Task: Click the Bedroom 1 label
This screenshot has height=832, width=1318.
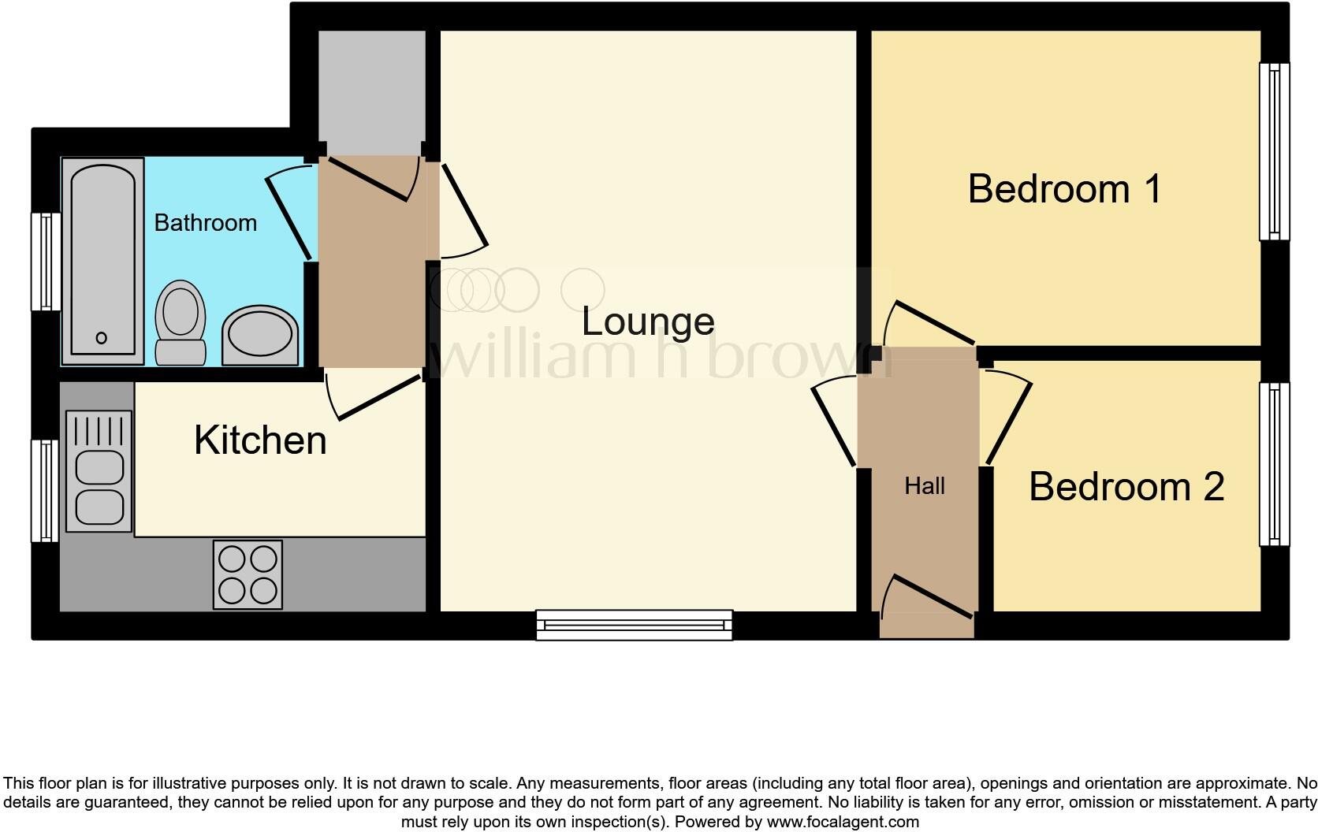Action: [x=1064, y=189]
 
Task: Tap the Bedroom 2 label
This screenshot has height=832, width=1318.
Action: [x=1126, y=486]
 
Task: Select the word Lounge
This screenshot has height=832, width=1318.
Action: [x=648, y=321]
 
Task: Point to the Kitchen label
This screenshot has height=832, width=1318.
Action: [x=260, y=440]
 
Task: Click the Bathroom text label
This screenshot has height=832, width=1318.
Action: [x=205, y=223]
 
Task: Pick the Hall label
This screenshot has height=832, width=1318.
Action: [x=924, y=486]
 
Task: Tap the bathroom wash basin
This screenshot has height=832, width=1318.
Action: [x=260, y=336]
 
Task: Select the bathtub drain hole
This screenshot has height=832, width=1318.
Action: [x=101, y=338]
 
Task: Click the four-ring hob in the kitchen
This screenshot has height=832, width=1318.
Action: [x=248, y=574]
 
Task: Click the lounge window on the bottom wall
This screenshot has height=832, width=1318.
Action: [x=634, y=625]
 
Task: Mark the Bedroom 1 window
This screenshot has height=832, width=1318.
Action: [x=1274, y=151]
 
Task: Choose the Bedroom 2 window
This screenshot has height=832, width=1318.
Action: [x=1274, y=464]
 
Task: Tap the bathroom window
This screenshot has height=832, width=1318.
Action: [x=46, y=262]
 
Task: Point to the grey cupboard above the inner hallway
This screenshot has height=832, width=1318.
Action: [x=372, y=91]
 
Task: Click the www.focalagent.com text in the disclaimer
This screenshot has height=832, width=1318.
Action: [x=843, y=822]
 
